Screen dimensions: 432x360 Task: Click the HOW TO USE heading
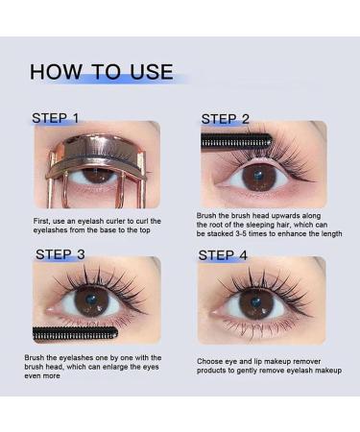coord(101,72)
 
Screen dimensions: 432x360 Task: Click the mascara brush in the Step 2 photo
coord(230,140)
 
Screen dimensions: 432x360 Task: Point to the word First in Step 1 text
coord(42,221)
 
